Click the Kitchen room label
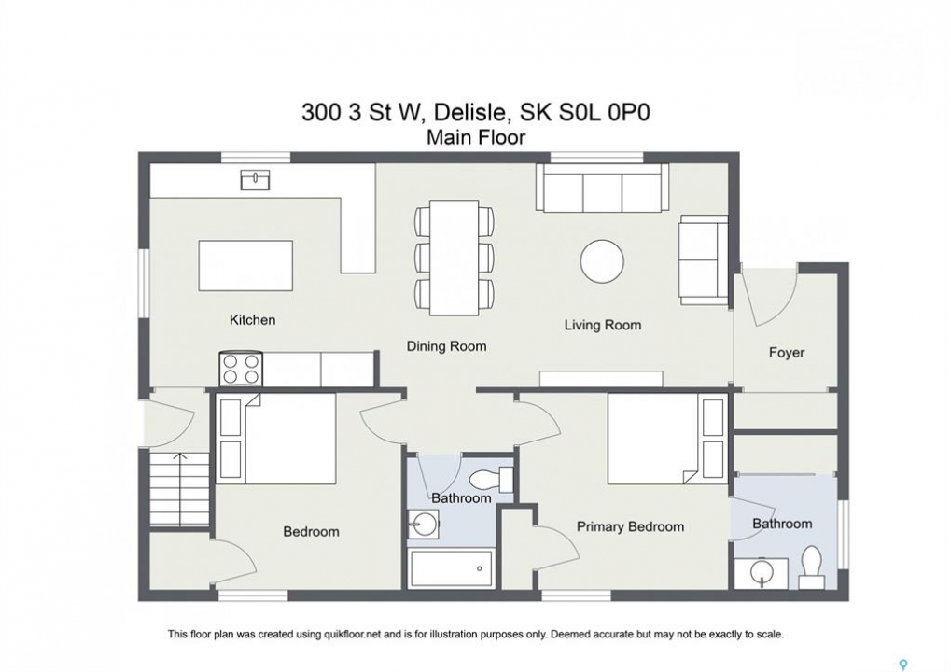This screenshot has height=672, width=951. pyautogui.click(x=252, y=319)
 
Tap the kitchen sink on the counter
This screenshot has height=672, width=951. pyautogui.click(x=256, y=180)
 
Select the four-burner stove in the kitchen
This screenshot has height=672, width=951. pyautogui.click(x=242, y=369)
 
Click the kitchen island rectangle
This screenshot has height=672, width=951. pyautogui.click(x=245, y=266)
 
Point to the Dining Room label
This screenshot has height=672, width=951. pyautogui.click(x=446, y=346)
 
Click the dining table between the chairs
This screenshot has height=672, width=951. pyautogui.click(x=454, y=258)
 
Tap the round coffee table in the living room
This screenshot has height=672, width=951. pyautogui.click(x=602, y=261)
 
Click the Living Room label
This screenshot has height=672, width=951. pyautogui.click(x=603, y=325)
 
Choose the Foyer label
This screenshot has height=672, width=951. pyautogui.click(x=787, y=353)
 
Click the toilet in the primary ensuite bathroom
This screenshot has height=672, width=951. pyautogui.click(x=812, y=567)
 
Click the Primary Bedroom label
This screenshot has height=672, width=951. pyautogui.click(x=630, y=527)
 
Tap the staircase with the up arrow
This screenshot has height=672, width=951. pyautogui.click(x=179, y=490)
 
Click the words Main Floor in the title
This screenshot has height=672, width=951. pyautogui.click(x=476, y=137)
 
